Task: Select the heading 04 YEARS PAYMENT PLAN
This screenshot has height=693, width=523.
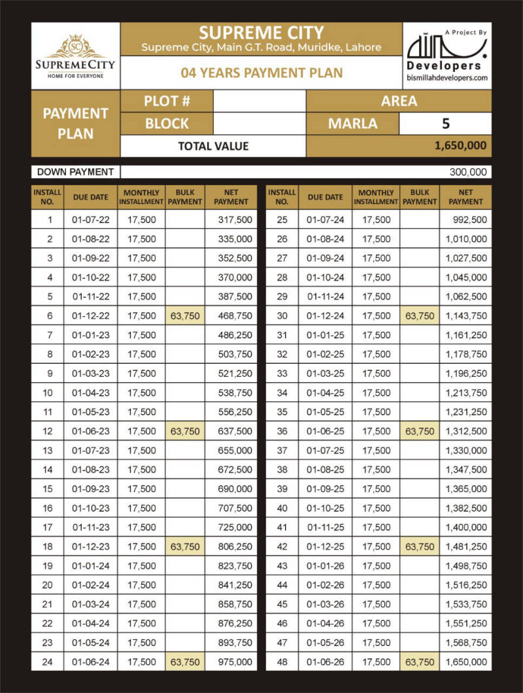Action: click(261, 73)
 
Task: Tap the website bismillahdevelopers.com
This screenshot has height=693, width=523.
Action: click(447, 78)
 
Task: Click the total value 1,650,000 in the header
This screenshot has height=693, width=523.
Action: click(460, 145)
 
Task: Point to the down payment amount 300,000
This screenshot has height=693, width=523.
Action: click(469, 172)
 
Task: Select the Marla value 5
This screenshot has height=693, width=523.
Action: click(445, 123)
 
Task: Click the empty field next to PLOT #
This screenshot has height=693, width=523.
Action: click(260, 101)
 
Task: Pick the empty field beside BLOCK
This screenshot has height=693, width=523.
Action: click(260, 123)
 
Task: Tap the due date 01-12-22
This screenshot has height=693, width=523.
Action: click(91, 316)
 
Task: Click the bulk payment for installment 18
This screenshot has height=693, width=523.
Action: click(185, 546)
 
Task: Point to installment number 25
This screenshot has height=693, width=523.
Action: click(282, 220)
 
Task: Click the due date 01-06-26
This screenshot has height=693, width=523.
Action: click(326, 662)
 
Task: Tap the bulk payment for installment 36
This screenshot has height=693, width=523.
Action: click(420, 431)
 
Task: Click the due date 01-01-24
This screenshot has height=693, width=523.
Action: click(91, 566)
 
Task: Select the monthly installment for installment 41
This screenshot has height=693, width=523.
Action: click(376, 527)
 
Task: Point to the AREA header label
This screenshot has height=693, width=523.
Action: click(399, 101)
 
